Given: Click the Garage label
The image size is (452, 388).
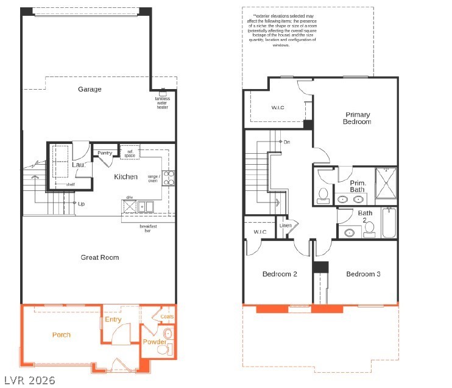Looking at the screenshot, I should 90,90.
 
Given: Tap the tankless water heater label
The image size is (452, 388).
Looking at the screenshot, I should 161,102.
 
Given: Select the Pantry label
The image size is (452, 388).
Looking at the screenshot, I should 104,153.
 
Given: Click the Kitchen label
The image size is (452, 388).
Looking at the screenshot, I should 125,177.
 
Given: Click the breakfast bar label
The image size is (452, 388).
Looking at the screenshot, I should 148,229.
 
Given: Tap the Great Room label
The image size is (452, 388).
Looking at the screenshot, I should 100,257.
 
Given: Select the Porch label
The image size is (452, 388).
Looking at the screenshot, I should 61,334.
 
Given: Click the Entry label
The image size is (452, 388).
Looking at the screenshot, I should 113,319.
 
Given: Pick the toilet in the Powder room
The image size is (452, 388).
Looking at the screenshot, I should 168,333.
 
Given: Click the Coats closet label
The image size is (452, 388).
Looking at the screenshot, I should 167,317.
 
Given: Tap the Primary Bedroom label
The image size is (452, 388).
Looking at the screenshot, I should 358,118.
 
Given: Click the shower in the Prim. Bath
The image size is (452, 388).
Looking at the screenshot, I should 384,182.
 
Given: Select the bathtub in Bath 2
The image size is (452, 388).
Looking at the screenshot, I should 389,223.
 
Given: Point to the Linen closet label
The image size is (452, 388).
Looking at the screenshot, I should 285,226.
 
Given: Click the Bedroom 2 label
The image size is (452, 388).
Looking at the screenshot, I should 280,275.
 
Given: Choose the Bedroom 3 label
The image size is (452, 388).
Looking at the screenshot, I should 364,275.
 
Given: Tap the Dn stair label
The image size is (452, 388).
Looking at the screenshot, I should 286,142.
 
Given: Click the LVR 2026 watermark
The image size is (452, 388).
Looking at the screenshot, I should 29,380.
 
